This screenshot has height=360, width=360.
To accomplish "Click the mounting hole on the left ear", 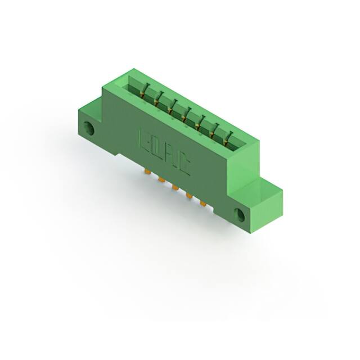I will pos(88,129).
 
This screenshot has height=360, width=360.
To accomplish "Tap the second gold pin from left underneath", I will pos(161,179).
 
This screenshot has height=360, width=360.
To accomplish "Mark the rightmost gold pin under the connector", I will pos(202,203).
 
